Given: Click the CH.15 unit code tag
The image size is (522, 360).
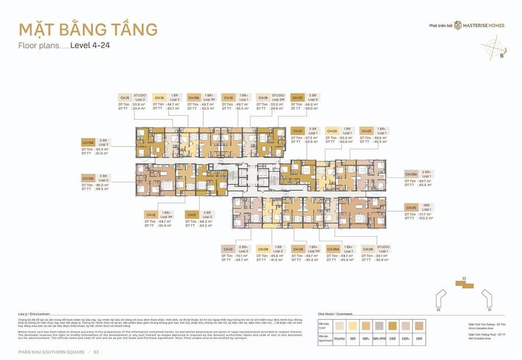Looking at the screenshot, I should pos(124,98).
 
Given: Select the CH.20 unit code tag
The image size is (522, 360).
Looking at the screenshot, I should pos(298,98).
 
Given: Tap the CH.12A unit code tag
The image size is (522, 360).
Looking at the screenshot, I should pos(88,178).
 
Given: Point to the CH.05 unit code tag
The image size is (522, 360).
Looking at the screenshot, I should pos(411,208).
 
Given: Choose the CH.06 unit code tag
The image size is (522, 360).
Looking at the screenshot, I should pos(367,249).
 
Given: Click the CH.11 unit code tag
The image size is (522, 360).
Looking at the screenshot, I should pos(192,215).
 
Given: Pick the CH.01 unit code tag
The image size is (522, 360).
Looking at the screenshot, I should pos(298,131).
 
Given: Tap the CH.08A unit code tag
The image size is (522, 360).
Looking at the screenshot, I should pos(333,249).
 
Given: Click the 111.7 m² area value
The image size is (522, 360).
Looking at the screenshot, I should pos(425,214).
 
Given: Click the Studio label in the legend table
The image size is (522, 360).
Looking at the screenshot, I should pos(339,338).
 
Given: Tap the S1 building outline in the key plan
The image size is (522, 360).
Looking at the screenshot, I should pos(487,298).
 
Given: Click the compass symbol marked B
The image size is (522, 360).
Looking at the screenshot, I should pos(494,50).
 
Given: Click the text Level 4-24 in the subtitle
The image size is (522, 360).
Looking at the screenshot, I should pos(90,45).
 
